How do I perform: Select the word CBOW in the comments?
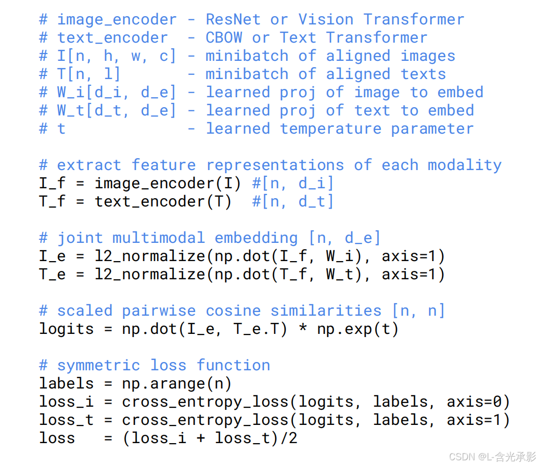pyautogui.click(x=224, y=38)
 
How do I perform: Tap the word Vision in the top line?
pyautogui.click(x=326, y=20)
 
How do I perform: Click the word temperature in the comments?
pyautogui.click(x=330, y=129)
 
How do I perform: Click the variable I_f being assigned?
pyautogui.click(x=53, y=183)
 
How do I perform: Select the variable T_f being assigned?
pyautogui.click(x=53, y=201)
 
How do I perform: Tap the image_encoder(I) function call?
pyautogui.click(x=168, y=183)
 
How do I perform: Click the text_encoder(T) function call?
pyautogui.click(x=163, y=201)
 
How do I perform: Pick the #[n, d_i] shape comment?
pyautogui.click(x=293, y=183)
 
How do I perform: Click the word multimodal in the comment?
pyautogui.click(x=159, y=238)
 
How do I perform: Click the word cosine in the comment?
pyautogui.click(x=233, y=311)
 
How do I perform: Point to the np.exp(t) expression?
pyautogui.click(x=358, y=329)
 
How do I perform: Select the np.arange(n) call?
pyautogui.click(x=177, y=384)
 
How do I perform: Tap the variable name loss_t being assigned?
pyautogui.click(x=67, y=420)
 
